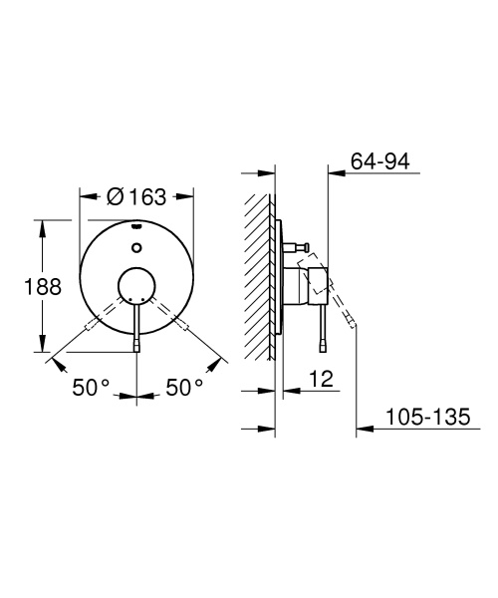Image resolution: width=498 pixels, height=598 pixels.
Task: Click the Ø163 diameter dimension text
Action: (135, 197)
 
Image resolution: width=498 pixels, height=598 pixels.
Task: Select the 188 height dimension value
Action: (42, 287)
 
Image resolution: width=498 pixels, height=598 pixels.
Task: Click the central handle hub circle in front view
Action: (135, 287)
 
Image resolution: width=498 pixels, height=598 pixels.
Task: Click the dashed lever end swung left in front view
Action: (92, 326)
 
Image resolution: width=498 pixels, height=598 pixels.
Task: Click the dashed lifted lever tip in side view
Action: (352, 322)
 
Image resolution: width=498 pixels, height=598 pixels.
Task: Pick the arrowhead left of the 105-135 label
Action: (364, 430)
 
